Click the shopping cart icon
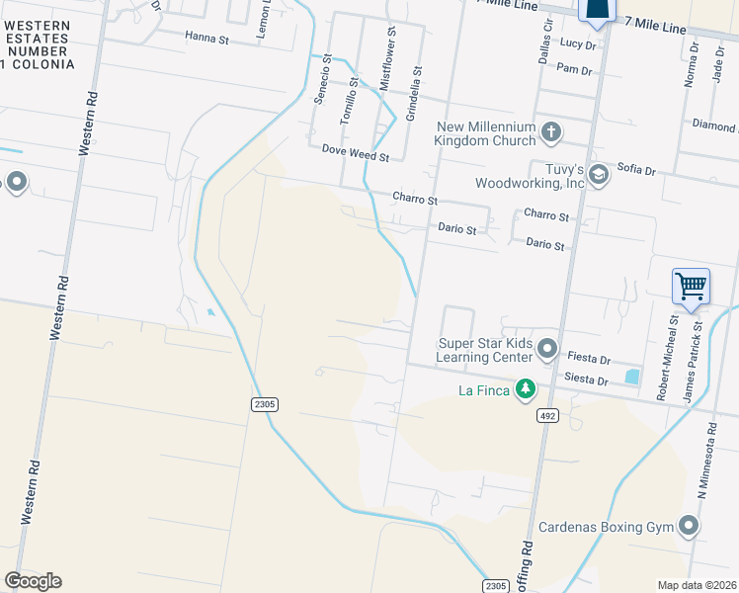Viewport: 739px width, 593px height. coord(691,287)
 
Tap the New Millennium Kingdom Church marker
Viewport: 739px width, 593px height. coord(551,130)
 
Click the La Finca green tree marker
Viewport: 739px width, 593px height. coord(527,388)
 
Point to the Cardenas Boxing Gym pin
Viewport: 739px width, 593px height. coord(689,526)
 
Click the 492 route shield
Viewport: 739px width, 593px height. coord(547,416)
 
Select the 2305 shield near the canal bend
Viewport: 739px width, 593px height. coord(265,403)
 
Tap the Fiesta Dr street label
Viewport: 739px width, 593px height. coord(592,360)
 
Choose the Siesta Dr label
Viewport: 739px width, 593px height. coord(587,380)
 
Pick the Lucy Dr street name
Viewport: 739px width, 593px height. coord(578,44)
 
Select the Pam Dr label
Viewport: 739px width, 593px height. coord(574,70)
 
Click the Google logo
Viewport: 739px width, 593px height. coord(33,581)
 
